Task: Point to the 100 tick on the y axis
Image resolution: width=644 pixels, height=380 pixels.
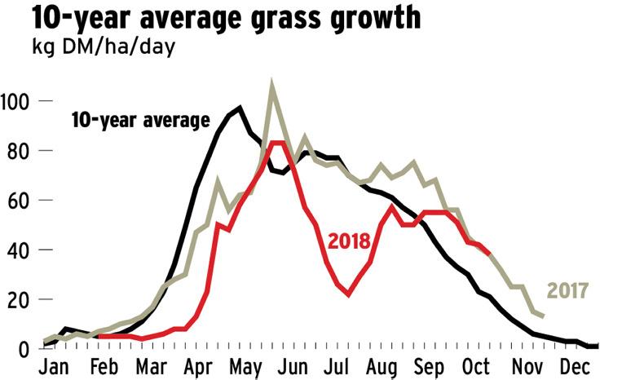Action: tap(15, 102)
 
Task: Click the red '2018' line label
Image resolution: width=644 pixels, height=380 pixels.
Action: tap(350, 241)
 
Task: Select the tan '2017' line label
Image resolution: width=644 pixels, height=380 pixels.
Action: tap(567, 290)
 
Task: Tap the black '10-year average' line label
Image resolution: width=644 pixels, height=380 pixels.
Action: tap(141, 122)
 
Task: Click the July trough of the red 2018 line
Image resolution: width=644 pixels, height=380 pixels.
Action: tap(348, 294)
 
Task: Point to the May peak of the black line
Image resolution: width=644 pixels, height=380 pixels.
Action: tap(240, 108)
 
